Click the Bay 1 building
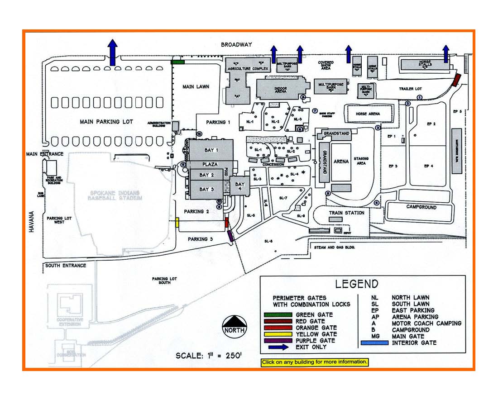211,150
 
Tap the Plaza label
211,164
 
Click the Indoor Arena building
280,88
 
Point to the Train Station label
346,213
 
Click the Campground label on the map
421,207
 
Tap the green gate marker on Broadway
177,62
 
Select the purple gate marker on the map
230,236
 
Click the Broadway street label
236,45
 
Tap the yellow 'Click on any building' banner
315,362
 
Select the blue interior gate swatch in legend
374,343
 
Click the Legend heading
356,284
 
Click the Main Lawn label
196,86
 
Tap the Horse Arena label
368,114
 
